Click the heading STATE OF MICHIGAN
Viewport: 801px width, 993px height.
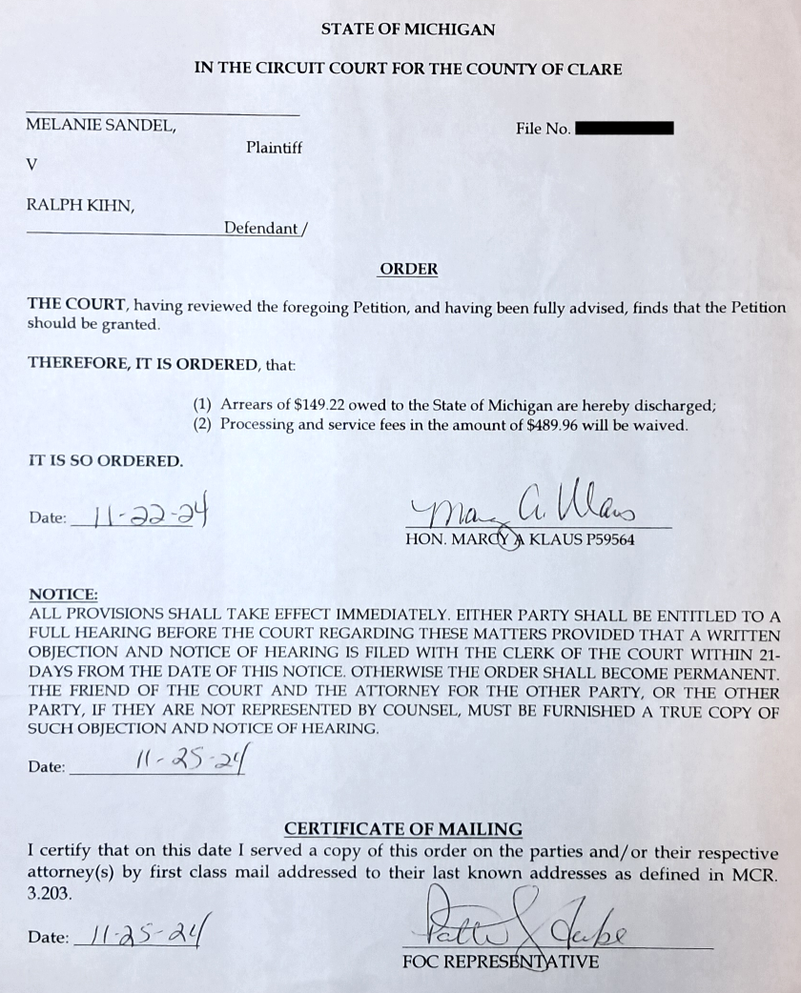tap(408, 30)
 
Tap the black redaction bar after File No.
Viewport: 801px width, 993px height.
tap(625, 128)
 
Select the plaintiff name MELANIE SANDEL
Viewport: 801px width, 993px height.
tap(101, 124)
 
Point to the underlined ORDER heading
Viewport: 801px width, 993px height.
tap(409, 269)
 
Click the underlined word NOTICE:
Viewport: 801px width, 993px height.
tap(64, 594)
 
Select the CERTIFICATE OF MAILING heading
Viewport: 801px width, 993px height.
tap(403, 829)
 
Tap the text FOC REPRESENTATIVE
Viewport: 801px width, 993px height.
tap(501, 962)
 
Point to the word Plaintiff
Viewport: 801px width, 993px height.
tap(274, 148)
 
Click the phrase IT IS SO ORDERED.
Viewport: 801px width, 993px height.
tap(105, 461)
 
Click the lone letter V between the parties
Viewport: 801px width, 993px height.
tap(32, 164)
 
